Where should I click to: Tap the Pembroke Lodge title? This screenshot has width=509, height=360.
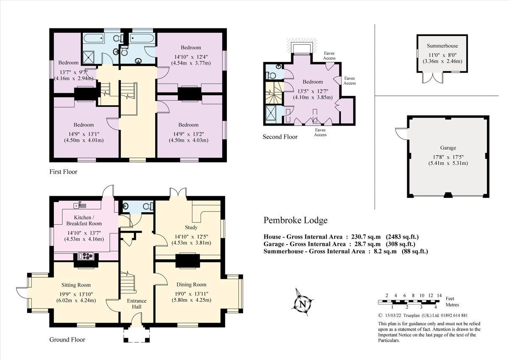295,220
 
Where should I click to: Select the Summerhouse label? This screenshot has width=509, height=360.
442,46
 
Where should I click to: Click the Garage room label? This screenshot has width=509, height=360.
448,148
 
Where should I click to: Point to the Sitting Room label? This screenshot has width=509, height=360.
76,285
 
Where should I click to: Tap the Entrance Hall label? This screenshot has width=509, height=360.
137,304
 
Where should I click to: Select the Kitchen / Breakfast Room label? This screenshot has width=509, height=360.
84,220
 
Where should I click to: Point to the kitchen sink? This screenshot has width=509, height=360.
78,206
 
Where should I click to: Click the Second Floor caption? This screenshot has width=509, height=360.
280,137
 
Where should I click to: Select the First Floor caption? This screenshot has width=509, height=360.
63,172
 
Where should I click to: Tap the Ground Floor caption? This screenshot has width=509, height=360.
67,340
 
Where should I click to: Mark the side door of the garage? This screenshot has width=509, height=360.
401,132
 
